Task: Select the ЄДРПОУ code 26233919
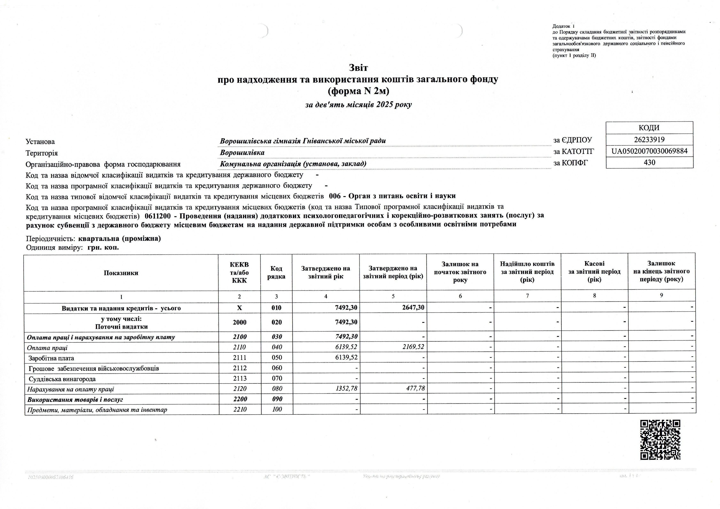pos(649,140)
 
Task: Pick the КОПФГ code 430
pos(649,162)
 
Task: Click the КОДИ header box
pos(649,128)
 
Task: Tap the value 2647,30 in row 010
pos(413,308)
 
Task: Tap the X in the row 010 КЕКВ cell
pos(239,308)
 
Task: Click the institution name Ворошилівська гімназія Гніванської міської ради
pos(303,141)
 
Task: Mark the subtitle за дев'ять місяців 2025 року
pos(358,105)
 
